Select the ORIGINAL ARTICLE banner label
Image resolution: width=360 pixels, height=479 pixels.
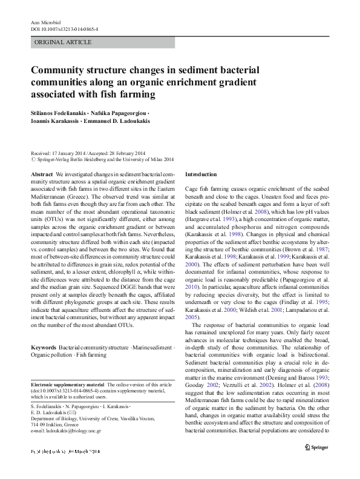[64, 42]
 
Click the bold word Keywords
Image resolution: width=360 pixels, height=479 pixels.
[44, 348]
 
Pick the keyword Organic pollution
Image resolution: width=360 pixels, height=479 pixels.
[55, 355]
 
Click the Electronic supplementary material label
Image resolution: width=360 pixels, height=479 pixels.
[67, 385]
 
